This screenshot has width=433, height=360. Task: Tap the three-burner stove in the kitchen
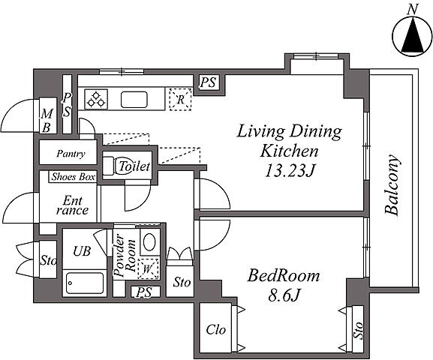[96, 100]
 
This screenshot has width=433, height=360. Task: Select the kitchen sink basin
[134, 100]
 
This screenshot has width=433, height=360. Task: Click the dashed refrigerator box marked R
[180, 100]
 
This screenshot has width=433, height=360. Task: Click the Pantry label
[71, 154]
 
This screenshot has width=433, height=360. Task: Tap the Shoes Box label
[74, 177]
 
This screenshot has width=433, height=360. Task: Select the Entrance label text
[72, 205]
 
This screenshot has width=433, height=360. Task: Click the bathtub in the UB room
[85, 283]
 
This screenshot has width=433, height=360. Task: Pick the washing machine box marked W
[149, 268]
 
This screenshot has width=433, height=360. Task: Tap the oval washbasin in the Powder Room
[149, 241]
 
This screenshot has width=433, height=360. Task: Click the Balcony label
[392, 185]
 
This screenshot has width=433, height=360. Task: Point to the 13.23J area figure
[290, 170]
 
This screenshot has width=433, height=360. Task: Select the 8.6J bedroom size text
[284, 295]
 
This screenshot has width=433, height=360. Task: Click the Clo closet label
[216, 330]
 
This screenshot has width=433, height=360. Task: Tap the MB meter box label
[47, 121]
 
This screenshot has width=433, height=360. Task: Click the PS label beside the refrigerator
[208, 82]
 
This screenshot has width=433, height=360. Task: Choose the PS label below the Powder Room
[144, 292]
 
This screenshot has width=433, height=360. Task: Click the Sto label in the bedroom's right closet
[358, 330]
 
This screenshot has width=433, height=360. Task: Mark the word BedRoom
[283, 276]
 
